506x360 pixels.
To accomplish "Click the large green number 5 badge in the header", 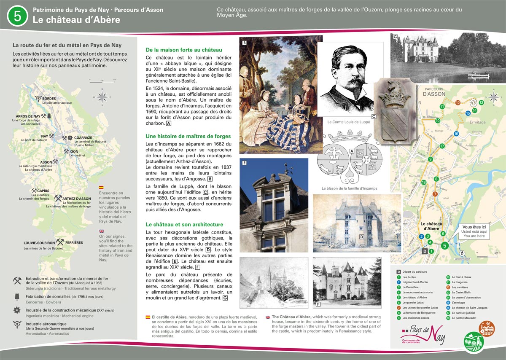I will click(x=17, y=16).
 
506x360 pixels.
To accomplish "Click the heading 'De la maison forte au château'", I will click(x=183, y=50).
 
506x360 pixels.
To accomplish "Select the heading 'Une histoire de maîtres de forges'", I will click(x=188, y=136).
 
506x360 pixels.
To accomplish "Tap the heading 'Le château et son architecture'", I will click(x=184, y=225).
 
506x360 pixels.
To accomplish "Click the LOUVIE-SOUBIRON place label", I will click(x=39, y=243).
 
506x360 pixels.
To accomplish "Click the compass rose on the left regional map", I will click(x=102, y=97).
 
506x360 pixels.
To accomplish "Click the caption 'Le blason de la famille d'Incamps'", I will click(x=349, y=188).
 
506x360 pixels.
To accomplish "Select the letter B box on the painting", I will click(x=245, y=43).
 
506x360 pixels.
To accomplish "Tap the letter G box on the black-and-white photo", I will click(x=396, y=37).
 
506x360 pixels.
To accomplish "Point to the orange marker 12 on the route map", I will click(x=458, y=102).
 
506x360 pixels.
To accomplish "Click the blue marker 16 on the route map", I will click(x=456, y=134).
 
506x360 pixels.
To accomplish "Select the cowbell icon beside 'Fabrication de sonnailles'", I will click(x=17, y=297).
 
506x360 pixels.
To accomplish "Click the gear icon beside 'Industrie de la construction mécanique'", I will click(x=17, y=310).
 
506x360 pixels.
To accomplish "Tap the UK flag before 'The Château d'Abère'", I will click(x=268, y=317).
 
